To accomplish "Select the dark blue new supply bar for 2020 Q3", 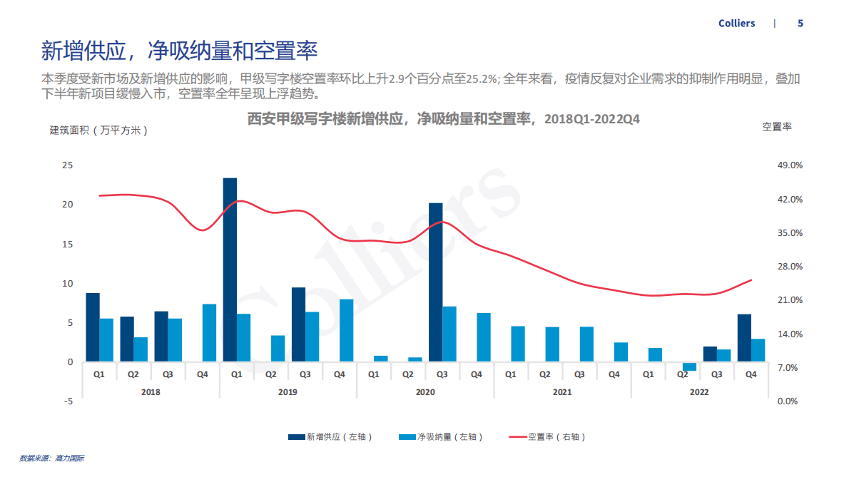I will click(x=435, y=282).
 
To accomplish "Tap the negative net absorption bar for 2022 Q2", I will click(x=689, y=366).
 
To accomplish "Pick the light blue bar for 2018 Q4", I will click(x=209, y=333).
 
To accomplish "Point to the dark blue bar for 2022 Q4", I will click(x=744, y=338).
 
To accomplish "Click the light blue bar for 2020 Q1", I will click(x=381, y=359).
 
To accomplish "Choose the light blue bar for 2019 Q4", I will click(x=346, y=330).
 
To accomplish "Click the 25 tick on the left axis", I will click(x=68, y=165).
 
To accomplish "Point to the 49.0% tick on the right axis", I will click(x=790, y=165).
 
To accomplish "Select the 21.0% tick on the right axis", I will click(x=790, y=300).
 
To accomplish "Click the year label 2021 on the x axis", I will click(x=562, y=392).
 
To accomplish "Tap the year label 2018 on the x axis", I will click(x=151, y=392).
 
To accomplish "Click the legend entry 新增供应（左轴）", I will click(x=330, y=437).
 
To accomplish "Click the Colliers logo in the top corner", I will click(x=736, y=24).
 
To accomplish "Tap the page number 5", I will click(x=800, y=24).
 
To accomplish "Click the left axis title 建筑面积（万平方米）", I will click(x=98, y=130).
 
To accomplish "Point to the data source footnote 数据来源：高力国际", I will click(x=51, y=458).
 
